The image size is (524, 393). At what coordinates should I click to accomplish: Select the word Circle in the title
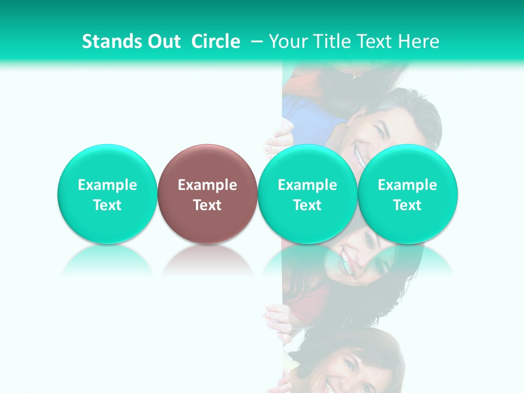pyautogui.click(x=216, y=41)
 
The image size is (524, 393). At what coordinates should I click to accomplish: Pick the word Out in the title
pyautogui.click(x=163, y=41)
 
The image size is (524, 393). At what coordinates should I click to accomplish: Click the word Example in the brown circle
pyautogui.click(x=207, y=185)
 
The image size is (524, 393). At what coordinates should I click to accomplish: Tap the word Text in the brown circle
pyautogui.click(x=207, y=205)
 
